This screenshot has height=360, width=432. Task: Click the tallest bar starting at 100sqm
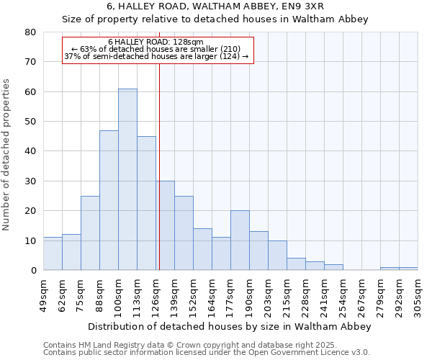point(127,179)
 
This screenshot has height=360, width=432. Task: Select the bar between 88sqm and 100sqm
point(109,200)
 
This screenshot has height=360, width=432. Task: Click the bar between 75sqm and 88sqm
point(90,233)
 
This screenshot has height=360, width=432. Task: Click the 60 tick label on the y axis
point(30,92)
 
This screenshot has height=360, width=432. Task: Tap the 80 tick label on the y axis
point(30,32)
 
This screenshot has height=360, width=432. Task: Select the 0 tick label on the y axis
point(33,271)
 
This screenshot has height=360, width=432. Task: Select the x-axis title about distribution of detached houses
point(230,327)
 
